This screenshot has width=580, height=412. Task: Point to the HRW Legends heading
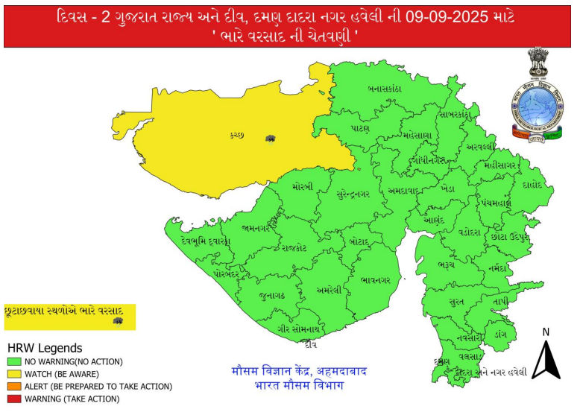click(45, 348)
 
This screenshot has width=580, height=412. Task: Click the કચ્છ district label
click(237, 135)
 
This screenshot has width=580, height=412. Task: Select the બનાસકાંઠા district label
click(385, 89)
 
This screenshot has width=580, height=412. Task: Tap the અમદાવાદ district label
click(407, 191)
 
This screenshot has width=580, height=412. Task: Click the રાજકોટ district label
click(294, 247)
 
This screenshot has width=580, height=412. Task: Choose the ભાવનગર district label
click(373, 279)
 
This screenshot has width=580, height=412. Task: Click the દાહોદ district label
click(532, 184)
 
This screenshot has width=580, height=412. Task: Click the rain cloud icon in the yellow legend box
click(117, 320)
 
